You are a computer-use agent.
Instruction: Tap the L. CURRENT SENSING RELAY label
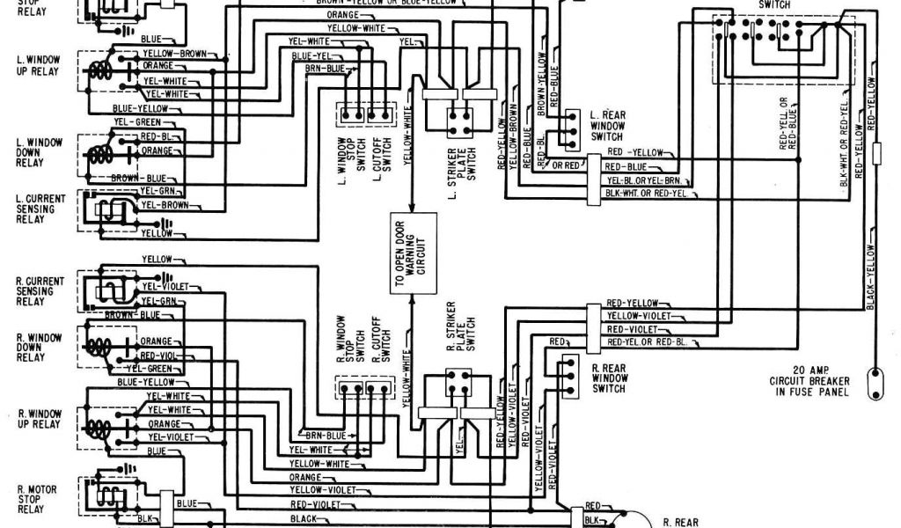coord(35,209)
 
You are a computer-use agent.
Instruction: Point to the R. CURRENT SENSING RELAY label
coord(35,290)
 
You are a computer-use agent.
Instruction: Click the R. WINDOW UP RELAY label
coord(37,418)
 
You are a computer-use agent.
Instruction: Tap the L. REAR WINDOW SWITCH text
coord(607,126)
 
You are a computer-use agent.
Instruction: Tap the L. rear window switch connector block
coord(572,127)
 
